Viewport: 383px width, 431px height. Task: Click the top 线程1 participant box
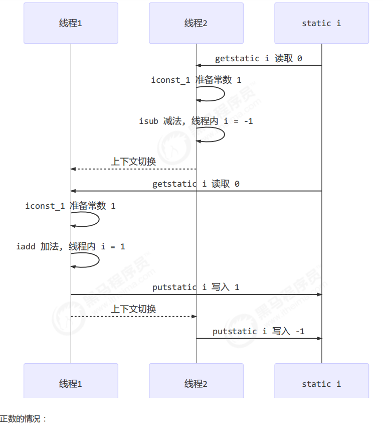click(71, 23)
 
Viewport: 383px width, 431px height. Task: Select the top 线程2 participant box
click(196, 23)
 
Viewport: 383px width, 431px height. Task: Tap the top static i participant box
click(321, 23)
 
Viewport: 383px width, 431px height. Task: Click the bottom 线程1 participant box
click(71, 384)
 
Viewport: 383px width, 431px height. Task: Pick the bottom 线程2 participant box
click(196, 384)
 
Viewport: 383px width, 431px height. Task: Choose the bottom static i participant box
click(321, 384)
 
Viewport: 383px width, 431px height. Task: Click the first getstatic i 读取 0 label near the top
click(259, 58)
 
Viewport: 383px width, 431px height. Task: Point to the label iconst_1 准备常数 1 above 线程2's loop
click(196, 80)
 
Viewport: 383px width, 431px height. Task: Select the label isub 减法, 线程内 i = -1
click(196, 121)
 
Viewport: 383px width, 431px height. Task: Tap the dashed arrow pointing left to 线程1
click(133, 169)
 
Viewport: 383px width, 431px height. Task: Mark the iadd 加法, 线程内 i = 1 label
click(71, 246)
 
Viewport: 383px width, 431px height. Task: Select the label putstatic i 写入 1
click(196, 287)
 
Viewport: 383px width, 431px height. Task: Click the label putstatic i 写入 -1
click(259, 331)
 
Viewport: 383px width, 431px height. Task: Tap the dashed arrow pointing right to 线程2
click(133, 316)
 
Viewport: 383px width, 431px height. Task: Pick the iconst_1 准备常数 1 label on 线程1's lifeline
click(71, 206)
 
